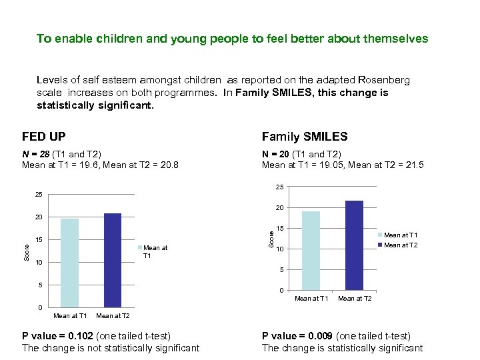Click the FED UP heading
point(44,137)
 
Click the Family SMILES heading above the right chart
point(305,137)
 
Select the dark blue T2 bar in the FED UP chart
point(113,260)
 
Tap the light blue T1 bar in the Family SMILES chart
point(311,250)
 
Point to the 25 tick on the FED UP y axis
point(39,195)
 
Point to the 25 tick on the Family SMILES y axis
point(280,187)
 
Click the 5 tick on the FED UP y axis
point(40,285)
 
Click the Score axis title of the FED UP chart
point(26,251)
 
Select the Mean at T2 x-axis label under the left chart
point(113,315)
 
